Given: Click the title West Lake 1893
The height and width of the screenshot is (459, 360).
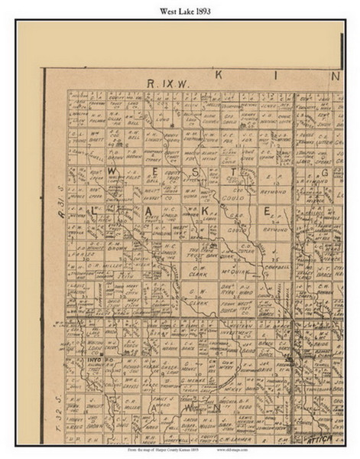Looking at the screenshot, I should tap(180, 11).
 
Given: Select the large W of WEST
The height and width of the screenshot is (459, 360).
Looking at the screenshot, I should tap(112, 171).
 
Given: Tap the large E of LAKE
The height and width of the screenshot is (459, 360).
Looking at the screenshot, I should tap(268, 210).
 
